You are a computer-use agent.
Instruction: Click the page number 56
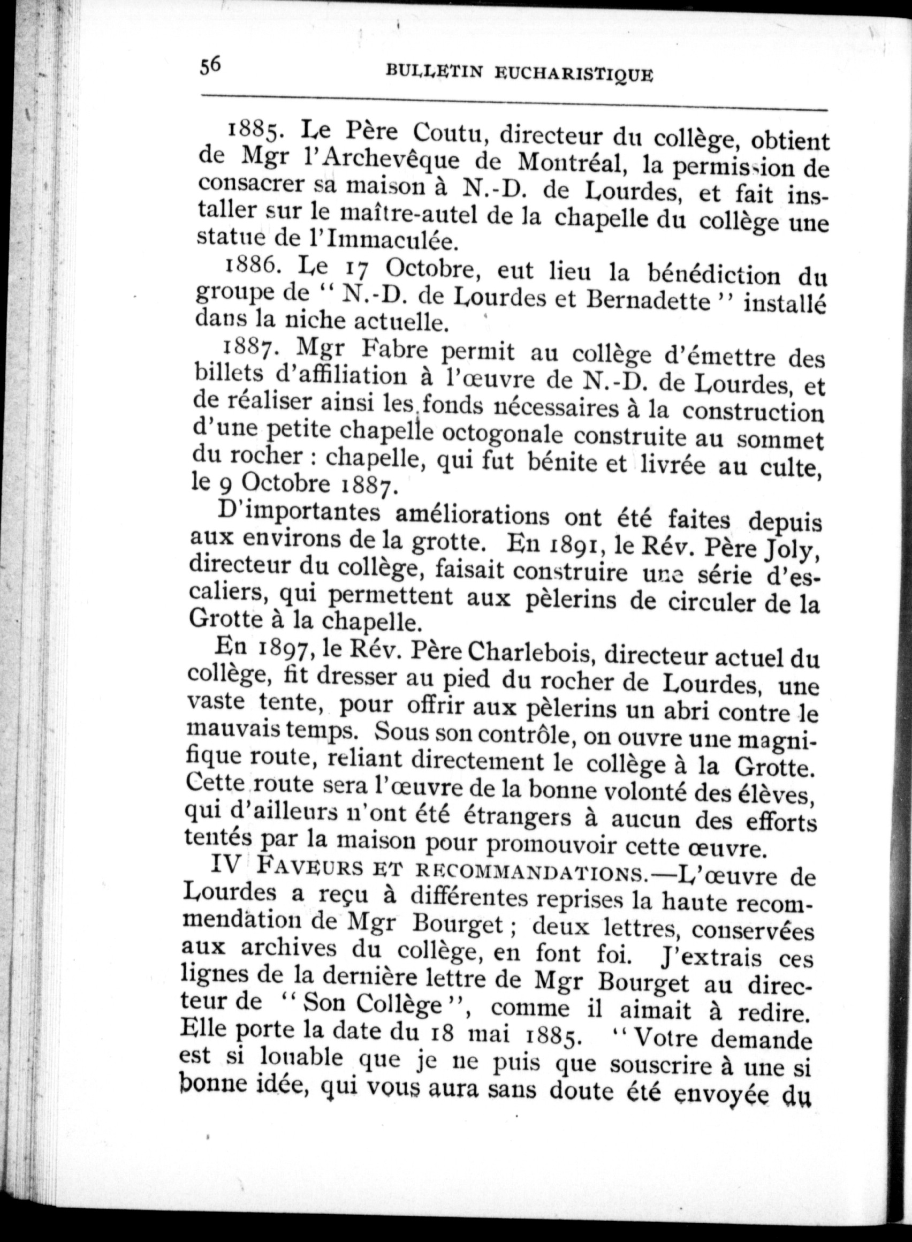tap(210, 66)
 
